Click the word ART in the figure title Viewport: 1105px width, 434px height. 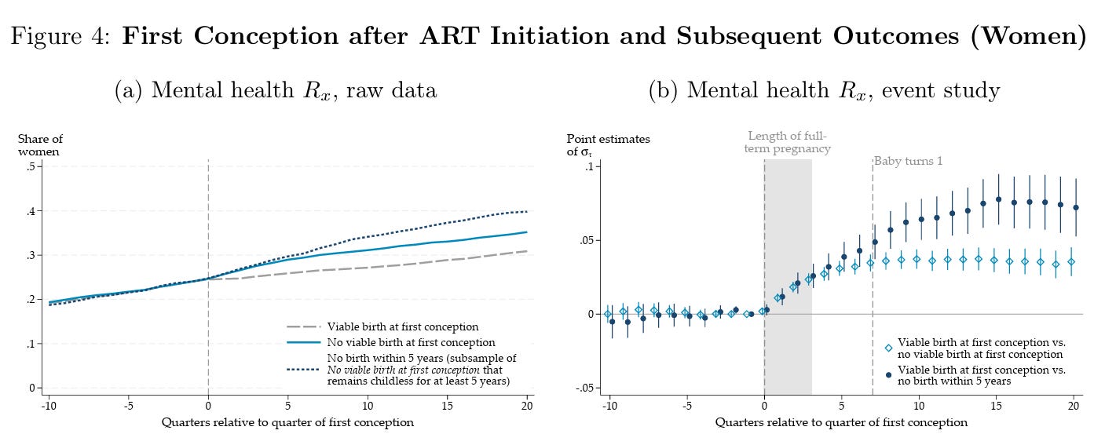click(449, 36)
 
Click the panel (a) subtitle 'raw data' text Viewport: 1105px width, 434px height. click(391, 90)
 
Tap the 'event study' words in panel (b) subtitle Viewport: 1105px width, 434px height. click(941, 91)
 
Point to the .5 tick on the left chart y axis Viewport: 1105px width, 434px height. click(31, 166)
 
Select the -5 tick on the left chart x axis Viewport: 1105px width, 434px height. click(128, 406)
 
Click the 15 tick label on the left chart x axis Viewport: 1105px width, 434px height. click(447, 406)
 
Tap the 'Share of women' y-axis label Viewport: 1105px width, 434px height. click(41, 145)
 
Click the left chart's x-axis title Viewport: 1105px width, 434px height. click(287, 422)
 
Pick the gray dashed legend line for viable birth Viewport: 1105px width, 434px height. click(303, 326)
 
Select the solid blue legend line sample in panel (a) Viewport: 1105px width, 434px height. click(303, 342)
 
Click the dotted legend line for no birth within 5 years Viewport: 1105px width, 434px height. click(303, 370)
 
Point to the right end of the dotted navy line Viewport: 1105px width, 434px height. click(527, 212)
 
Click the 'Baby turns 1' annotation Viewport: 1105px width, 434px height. click(908, 161)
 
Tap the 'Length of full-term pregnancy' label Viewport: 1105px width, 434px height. click(787, 142)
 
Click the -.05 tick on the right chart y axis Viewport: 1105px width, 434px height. click(586, 388)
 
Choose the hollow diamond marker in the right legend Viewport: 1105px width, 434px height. click(888, 348)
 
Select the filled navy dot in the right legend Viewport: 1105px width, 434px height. click(888, 375)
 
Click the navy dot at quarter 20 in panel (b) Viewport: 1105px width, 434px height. click(1076, 208)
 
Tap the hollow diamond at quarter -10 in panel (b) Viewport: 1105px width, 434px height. click(608, 314)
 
